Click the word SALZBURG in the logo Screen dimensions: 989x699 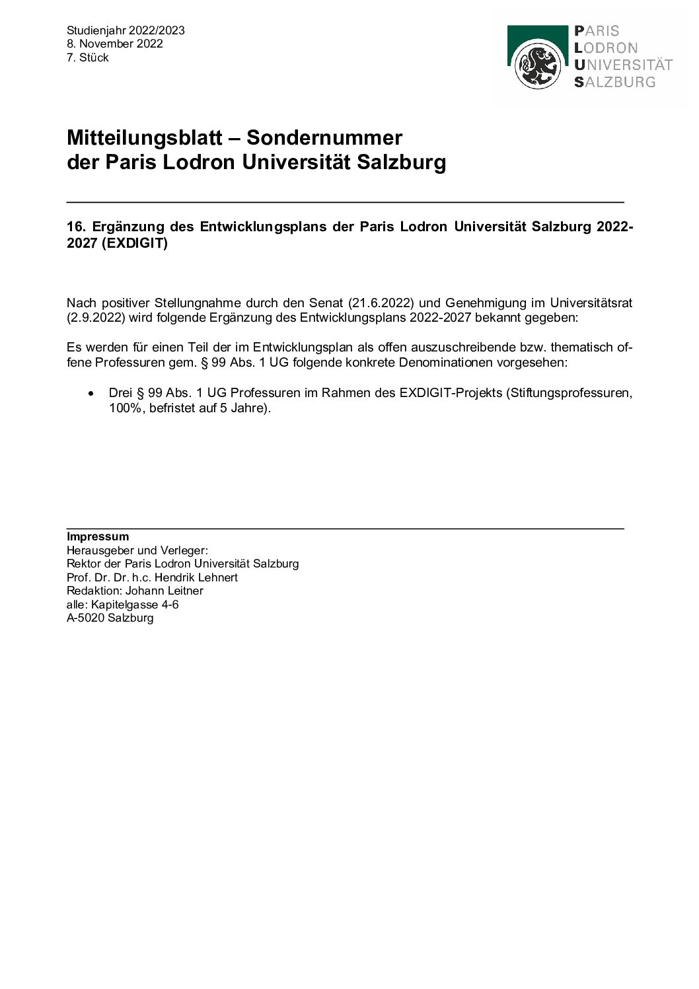pos(615,82)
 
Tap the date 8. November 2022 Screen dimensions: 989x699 pos(115,44)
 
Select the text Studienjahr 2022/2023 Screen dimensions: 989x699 pos(126,30)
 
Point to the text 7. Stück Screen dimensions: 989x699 pos(88,57)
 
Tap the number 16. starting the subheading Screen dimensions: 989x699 pos(77,227)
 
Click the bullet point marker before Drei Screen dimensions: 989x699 pos(91,393)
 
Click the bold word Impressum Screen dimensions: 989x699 pos(98,536)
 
